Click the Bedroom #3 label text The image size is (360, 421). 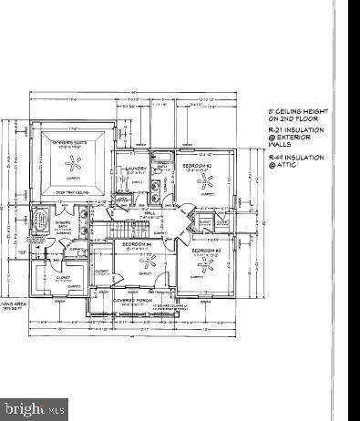206,248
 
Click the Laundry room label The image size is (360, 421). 137,168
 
